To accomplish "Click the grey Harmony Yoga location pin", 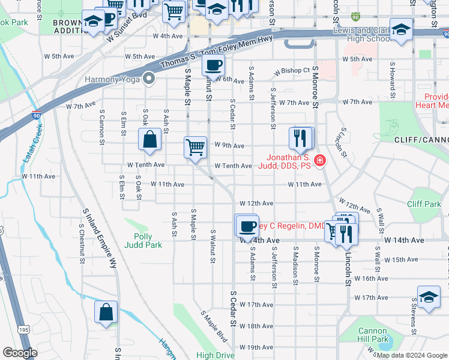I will (150, 79).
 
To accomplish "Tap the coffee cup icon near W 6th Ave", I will (213, 65).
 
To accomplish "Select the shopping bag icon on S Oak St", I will (149, 139).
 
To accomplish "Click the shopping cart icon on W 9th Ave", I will (195, 146).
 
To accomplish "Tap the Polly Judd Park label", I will (143, 240).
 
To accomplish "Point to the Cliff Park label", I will (424, 204).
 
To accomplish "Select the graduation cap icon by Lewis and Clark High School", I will (400, 28).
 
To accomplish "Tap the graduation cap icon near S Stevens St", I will (428, 298).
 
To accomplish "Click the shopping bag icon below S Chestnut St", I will (106, 312).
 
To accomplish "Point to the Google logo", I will (20, 353).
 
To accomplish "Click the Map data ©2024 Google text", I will (411, 355).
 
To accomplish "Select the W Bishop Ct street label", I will (291, 71).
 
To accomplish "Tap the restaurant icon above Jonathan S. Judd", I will (299, 138).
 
